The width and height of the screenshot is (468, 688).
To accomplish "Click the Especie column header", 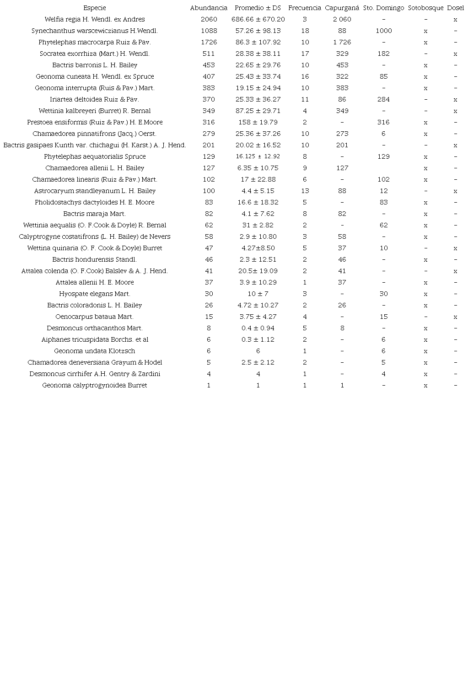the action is coord(95,8).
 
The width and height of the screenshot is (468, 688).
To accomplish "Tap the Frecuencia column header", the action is coord(305,8).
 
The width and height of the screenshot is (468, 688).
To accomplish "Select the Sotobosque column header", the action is coord(425,8).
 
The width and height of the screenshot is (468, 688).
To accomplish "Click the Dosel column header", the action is coord(455,8).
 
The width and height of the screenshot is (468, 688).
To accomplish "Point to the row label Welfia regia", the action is coord(95,19).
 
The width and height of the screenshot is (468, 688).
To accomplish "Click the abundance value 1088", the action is coord(209,31).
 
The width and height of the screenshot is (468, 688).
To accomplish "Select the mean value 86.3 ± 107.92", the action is coord(258,42).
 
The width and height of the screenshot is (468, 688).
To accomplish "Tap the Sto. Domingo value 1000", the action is coord(383,31).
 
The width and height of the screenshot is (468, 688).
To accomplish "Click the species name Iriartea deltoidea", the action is coord(95,99).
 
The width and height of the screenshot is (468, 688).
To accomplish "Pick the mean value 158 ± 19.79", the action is coord(258,122).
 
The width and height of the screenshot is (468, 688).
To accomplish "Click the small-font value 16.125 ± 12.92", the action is coord(258,156).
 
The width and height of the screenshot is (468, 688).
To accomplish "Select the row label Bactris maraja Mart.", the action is coord(95,214).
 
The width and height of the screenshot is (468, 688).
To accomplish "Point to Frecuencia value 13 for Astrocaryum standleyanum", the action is coord(305,191).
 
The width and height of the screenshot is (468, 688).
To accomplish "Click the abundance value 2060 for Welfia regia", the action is coord(209,19).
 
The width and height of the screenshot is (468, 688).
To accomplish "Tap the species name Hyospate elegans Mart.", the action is coord(95,294).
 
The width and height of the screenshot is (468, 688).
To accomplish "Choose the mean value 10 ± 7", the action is coord(258,294).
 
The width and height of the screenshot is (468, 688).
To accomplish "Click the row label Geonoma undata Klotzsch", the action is coord(95,351).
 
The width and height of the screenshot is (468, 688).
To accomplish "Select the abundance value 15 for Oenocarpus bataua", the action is coord(209,317).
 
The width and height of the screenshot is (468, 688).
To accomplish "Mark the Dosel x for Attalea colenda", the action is coord(455,271).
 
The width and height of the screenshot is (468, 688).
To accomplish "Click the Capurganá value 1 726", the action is coord(342,42).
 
